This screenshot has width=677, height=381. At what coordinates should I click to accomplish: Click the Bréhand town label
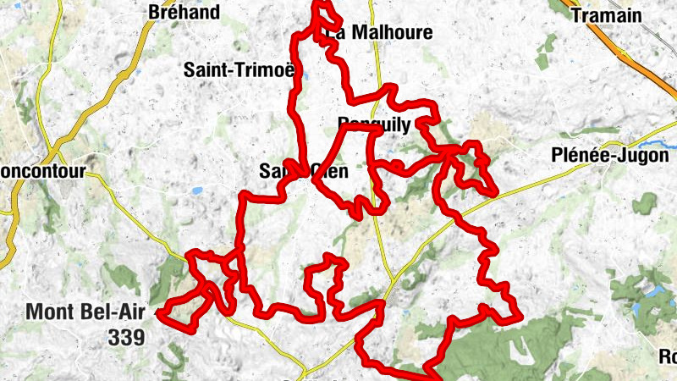click(184, 13)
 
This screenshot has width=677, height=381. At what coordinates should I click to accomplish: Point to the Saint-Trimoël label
click(240, 71)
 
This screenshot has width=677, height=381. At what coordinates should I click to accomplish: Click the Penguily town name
click(373, 125)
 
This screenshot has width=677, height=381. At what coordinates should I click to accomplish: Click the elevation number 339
click(126, 337)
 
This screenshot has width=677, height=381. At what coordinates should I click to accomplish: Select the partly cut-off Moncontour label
click(42, 171)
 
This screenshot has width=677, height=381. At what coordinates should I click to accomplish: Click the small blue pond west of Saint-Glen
click(196, 191)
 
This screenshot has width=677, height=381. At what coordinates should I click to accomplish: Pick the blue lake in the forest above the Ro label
click(654, 293)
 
